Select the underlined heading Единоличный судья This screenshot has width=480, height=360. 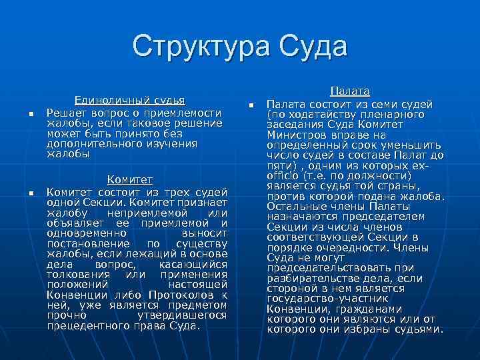tap(129, 101)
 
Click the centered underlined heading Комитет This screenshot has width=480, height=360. tap(130, 180)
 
